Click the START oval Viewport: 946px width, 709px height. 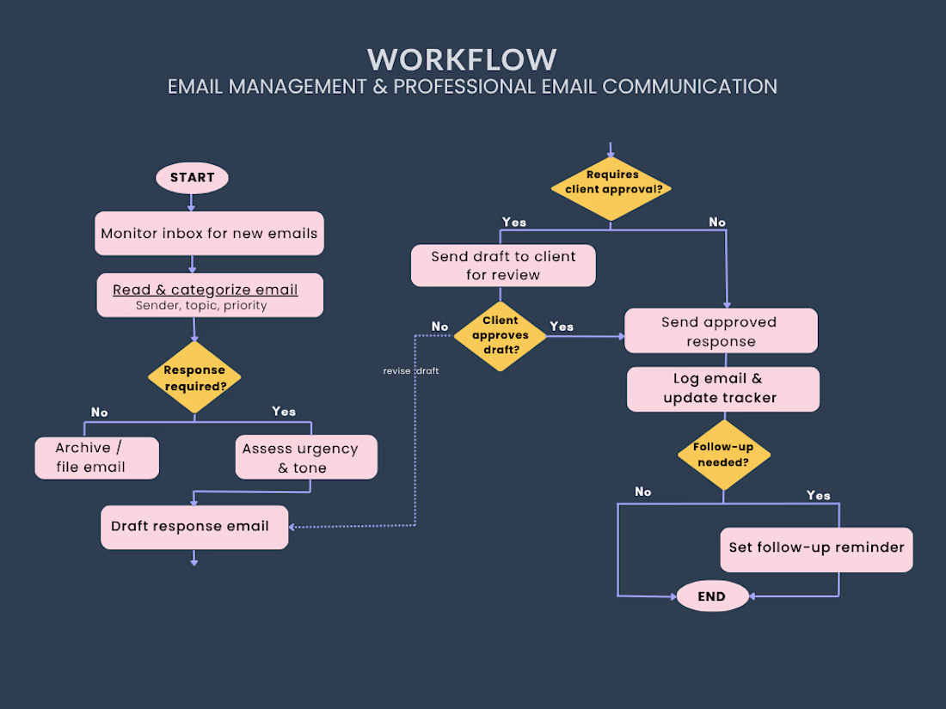pyautogui.click(x=192, y=178)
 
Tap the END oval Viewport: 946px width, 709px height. pyautogui.click(x=713, y=596)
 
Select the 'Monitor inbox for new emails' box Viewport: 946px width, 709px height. pyautogui.click(x=209, y=233)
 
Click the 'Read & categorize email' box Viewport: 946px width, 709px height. pyautogui.click(x=210, y=296)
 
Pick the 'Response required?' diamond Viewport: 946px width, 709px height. pyautogui.click(x=194, y=377)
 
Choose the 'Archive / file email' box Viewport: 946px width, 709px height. pyautogui.click(x=97, y=458)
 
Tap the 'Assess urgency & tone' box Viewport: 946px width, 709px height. pyautogui.click(x=306, y=457)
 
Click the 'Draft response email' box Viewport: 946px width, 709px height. pyautogui.click(x=194, y=527)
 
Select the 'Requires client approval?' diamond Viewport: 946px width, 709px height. pyautogui.click(x=611, y=189)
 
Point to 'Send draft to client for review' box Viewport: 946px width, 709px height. pyautogui.click(x=503, y=266)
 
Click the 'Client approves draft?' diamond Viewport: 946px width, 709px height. pyautogui.click(x=501, y=336)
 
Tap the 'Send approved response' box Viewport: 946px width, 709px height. pyautogui.click(x=721, y=331)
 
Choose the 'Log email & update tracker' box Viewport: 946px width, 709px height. pyautogui.click(x=722, y=389)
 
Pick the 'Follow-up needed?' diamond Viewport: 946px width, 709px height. pyautogui.click(x=724, y=455)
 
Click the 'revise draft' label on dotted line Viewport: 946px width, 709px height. pyautogui.click(x=411, y=370)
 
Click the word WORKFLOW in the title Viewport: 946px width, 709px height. pyautogui.click(x=462, y=59)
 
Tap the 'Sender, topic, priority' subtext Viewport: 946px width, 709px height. pyautogui.click(x=201, y=306)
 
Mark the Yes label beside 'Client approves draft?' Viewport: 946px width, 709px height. pyautogui.click(x=561, y=327)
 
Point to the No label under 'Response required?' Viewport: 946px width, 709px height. pyautogui.click(x=100, y=413)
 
